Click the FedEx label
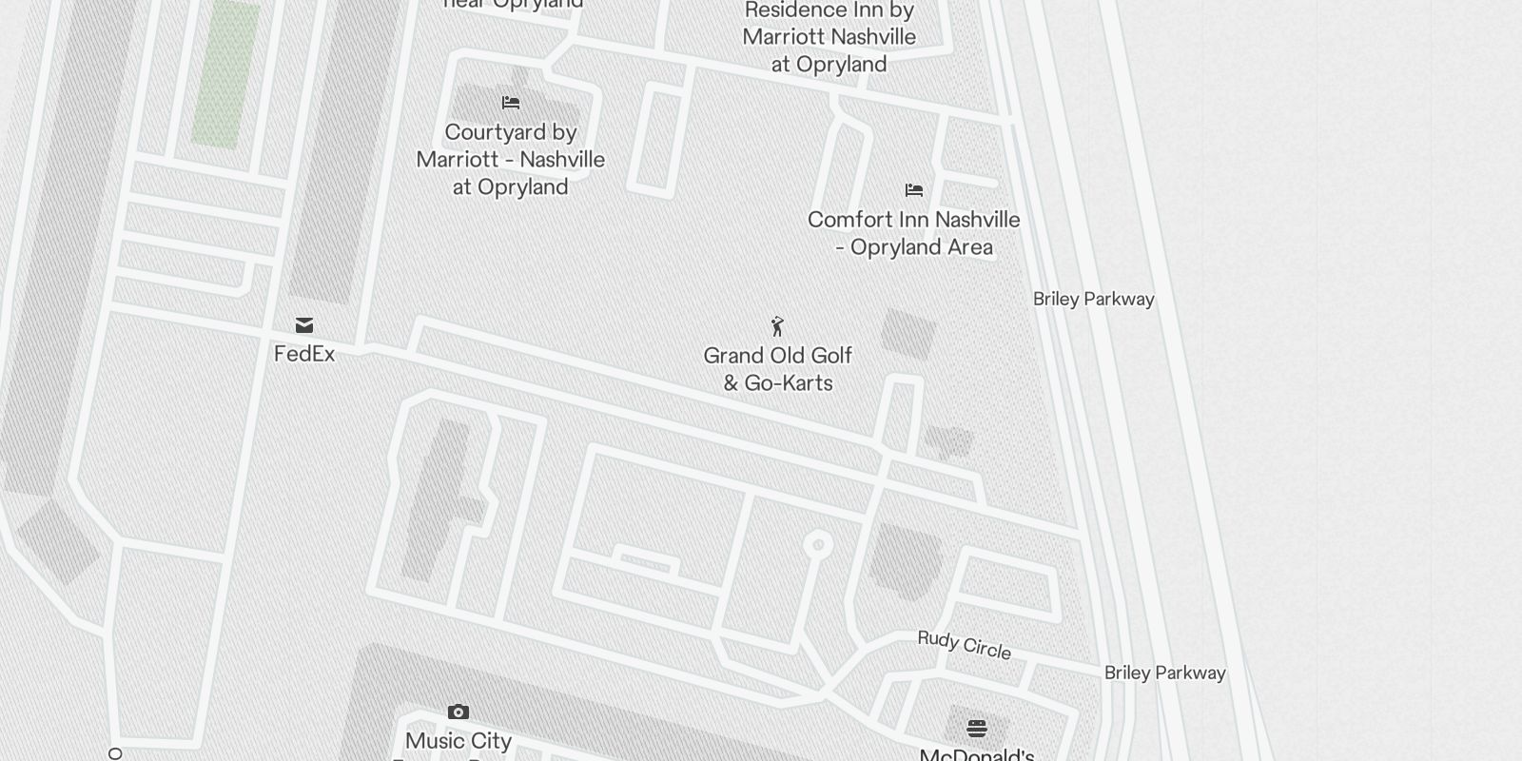point(304,354)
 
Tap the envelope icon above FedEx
point(304,325)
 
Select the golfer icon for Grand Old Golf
point(778,326)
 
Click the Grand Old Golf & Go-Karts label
point(778,369)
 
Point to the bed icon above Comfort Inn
point(914,190)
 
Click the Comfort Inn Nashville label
point(914,233)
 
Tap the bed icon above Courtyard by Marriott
point(511,103)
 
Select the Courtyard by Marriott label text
point(511,159)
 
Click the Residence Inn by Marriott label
point(829,37)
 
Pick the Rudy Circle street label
point(964,645)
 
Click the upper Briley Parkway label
point(1094,299)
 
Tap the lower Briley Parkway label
point(1164,673)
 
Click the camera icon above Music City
point(459,712)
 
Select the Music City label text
point(459,741)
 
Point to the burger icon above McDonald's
point(977,729)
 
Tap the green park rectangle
point(226,74)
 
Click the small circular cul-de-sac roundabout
point(818,545)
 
